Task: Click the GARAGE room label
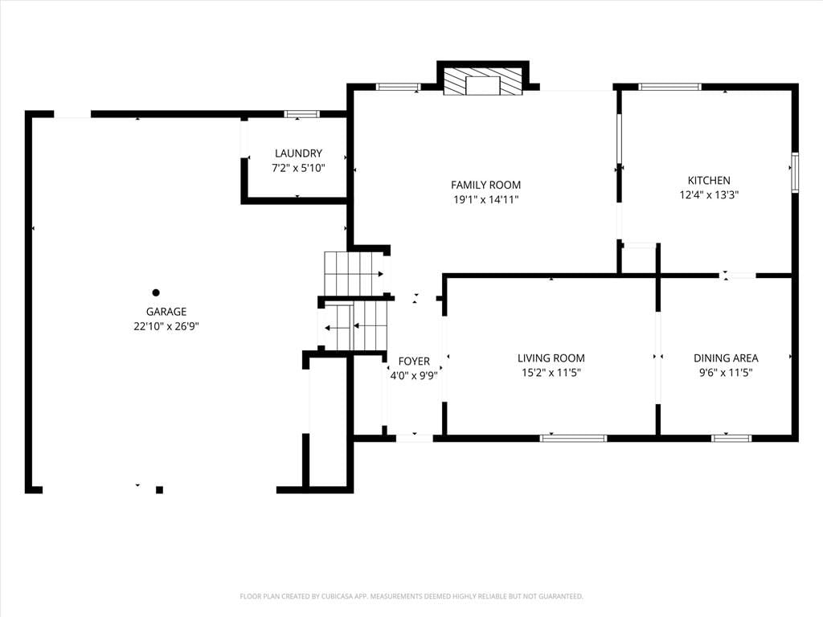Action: click(166, 312)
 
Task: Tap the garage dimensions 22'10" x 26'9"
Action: click(166, 326)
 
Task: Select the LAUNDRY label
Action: click(298, 153)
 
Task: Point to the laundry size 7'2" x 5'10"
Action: click(298, 168)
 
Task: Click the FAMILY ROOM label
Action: click(486, 185)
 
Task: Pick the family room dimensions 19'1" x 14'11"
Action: click(486, 199)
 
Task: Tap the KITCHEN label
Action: click(709, 181)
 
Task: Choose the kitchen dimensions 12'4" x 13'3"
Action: click(709, 195)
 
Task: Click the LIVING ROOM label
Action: click(551, 358)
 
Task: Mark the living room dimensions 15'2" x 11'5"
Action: click(551, 373)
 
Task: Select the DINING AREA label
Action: click(726, 358)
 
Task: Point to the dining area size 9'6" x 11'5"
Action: click(726, 373)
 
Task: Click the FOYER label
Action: click(414, 361)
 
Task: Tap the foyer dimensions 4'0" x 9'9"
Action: click(414, 376)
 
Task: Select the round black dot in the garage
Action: click(156, 292)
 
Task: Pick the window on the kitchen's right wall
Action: click(795, 172)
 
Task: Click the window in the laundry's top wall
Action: click(302, 114)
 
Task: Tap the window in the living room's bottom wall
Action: click(573, 438)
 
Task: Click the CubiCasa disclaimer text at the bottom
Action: click(411, 597)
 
